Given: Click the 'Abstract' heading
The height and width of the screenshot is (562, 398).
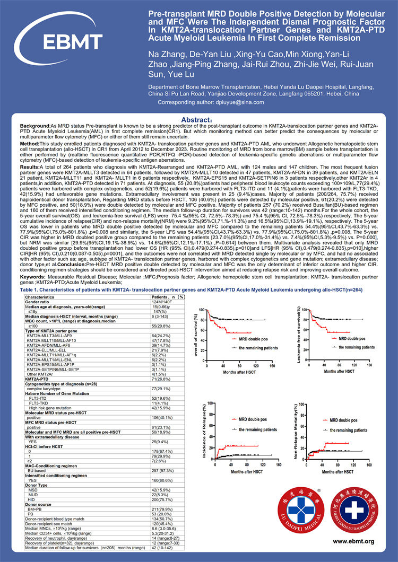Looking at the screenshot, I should pyautogui.click(x=197, y=120).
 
